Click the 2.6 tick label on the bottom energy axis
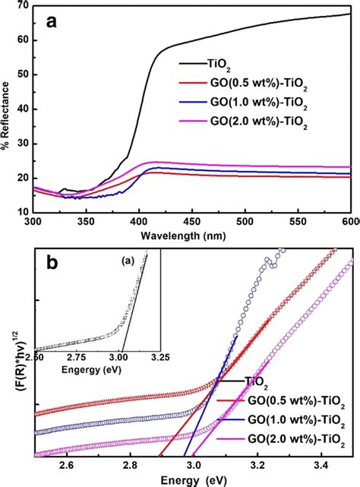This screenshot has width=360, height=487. click(68, 464)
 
